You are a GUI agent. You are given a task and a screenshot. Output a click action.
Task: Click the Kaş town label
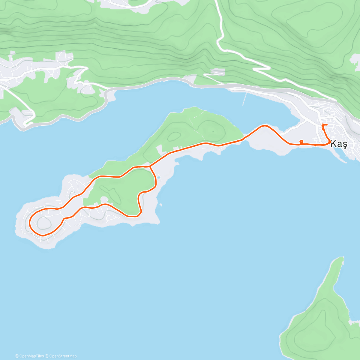pyautogui.click(x=339, y=144)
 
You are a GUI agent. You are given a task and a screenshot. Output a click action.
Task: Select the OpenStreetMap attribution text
pyautogui.click(x=61, y=356)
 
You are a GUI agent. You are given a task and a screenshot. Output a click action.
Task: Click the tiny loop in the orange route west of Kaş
pyautogui.click(x=301, y=142)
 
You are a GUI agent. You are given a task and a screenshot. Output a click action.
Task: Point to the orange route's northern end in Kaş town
pyautogui.click(x=323, y=124)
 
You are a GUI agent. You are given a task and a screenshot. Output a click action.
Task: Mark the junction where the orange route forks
pyautogui.click(x=149, y=166)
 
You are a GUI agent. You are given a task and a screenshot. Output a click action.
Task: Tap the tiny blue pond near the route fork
pyautogui.click(x=158, y=178)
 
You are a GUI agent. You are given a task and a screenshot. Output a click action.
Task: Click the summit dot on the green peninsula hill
pyautogui.click(x=213, y=131)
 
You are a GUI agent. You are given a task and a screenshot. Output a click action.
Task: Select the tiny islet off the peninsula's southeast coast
pyautogui.click(x=161, y=205)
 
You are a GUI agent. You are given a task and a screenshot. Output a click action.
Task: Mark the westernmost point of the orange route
pyautogui.click(x=29, y=223)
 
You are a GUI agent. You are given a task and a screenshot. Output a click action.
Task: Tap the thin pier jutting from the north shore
pyautogui.click(x=244, y=99)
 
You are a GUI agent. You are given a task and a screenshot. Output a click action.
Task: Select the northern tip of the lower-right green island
pyautogui.click(x=341, y=258)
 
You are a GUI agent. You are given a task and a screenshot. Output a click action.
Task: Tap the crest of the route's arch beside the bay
pyautogui.click(x=264, y=126)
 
